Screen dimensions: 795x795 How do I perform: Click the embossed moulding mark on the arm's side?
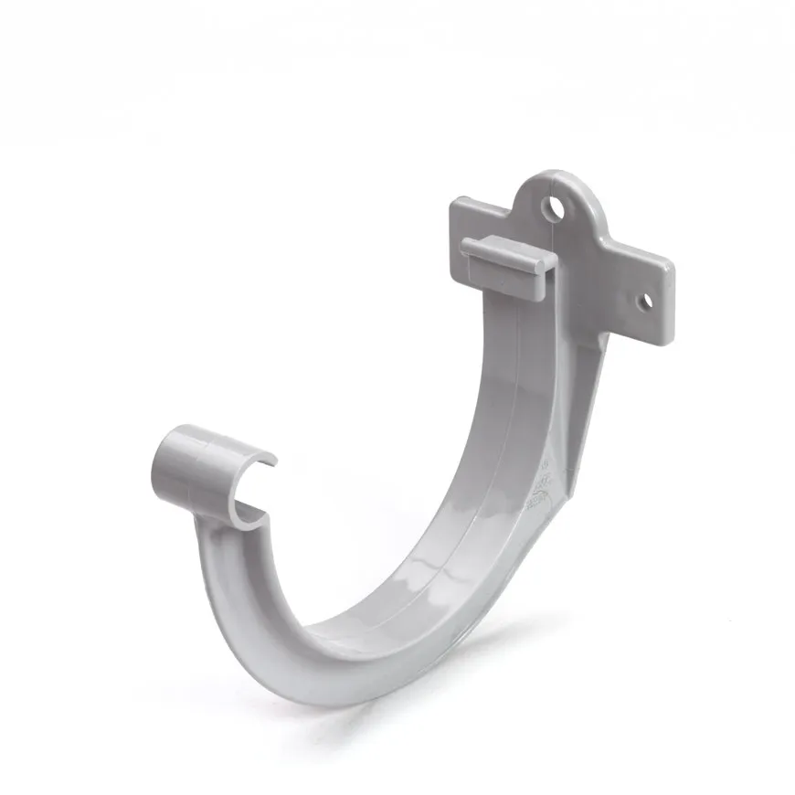pos(543,479)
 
